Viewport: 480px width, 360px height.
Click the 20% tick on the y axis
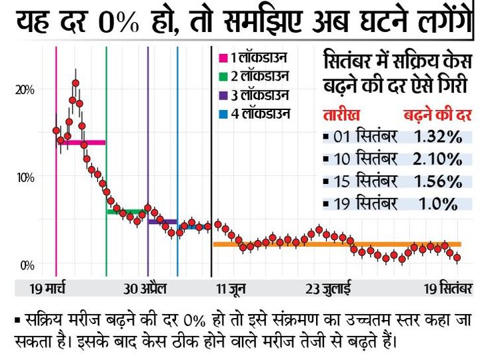tap(26, 89)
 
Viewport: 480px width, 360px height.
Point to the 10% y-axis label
tap(26, 177)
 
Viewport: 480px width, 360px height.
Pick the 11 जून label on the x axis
tap(227, 289)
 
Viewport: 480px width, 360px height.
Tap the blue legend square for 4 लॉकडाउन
tap(223, 113)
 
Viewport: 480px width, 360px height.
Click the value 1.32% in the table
tap(437, 137)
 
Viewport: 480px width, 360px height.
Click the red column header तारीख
tap(341, 113)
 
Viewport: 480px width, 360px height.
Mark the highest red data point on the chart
tap(76, 83)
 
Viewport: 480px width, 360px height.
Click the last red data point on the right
tap(457, 257)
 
